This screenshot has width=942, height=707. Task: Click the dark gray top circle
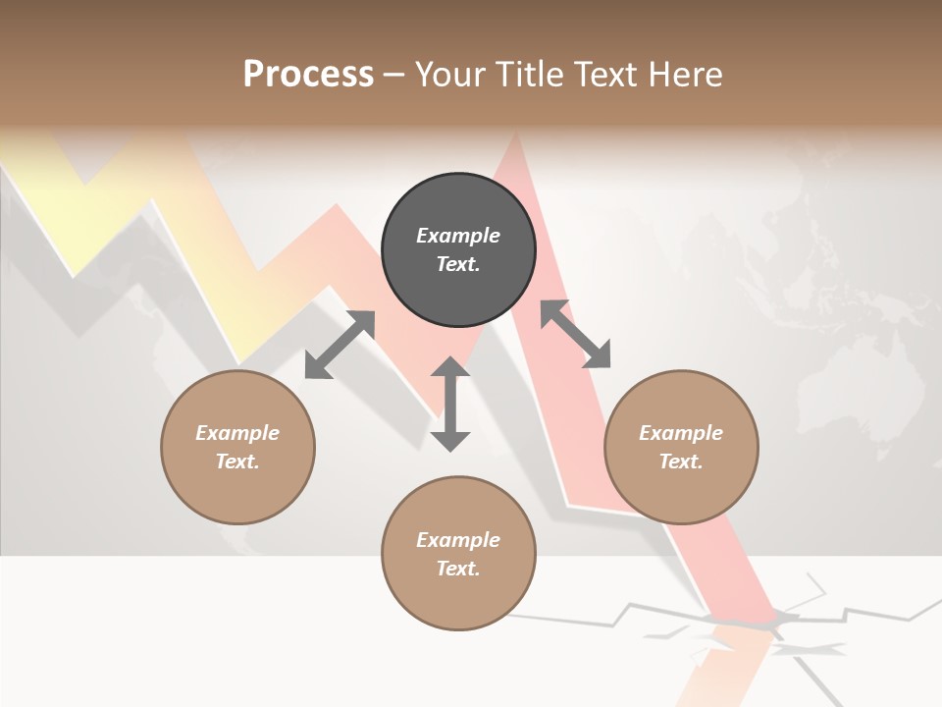point(458,250)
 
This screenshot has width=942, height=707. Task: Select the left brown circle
point(237,448)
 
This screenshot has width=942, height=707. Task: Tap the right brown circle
point(681,448)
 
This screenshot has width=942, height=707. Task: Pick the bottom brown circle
point(458,554)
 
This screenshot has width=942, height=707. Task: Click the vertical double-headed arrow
point(450,404)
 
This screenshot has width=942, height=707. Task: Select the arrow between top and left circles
point(340,345)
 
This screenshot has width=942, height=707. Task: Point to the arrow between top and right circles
point(576,334)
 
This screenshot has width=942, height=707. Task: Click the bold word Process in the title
point(308,75)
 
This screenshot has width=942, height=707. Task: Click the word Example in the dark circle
point(458,236)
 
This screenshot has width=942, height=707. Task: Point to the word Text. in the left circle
point(237,462)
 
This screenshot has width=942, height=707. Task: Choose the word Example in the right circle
point(681,433)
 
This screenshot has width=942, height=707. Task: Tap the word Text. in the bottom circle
point(458,569)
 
